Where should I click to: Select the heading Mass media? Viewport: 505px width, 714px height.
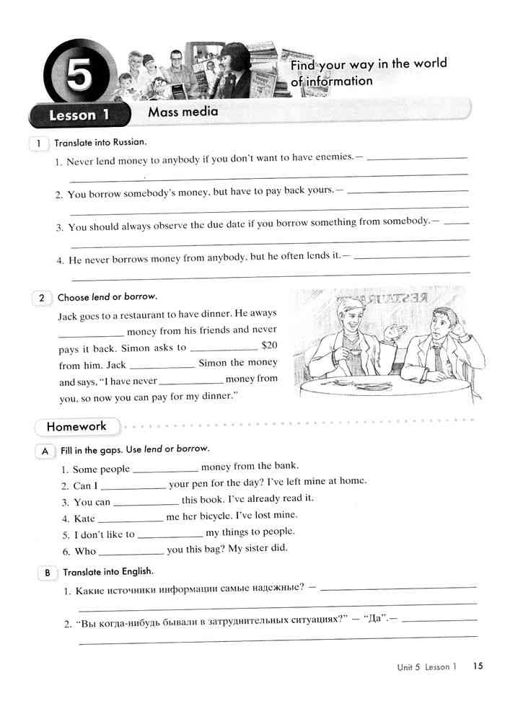(x=183, y=112)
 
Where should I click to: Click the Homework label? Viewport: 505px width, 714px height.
(x=76, y=426)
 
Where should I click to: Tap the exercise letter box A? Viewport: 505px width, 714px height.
(x=45, y=450)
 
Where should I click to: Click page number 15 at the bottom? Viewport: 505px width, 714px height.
(x=478, y=666)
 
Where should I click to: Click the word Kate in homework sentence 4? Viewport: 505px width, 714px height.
(x=84, y=518)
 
